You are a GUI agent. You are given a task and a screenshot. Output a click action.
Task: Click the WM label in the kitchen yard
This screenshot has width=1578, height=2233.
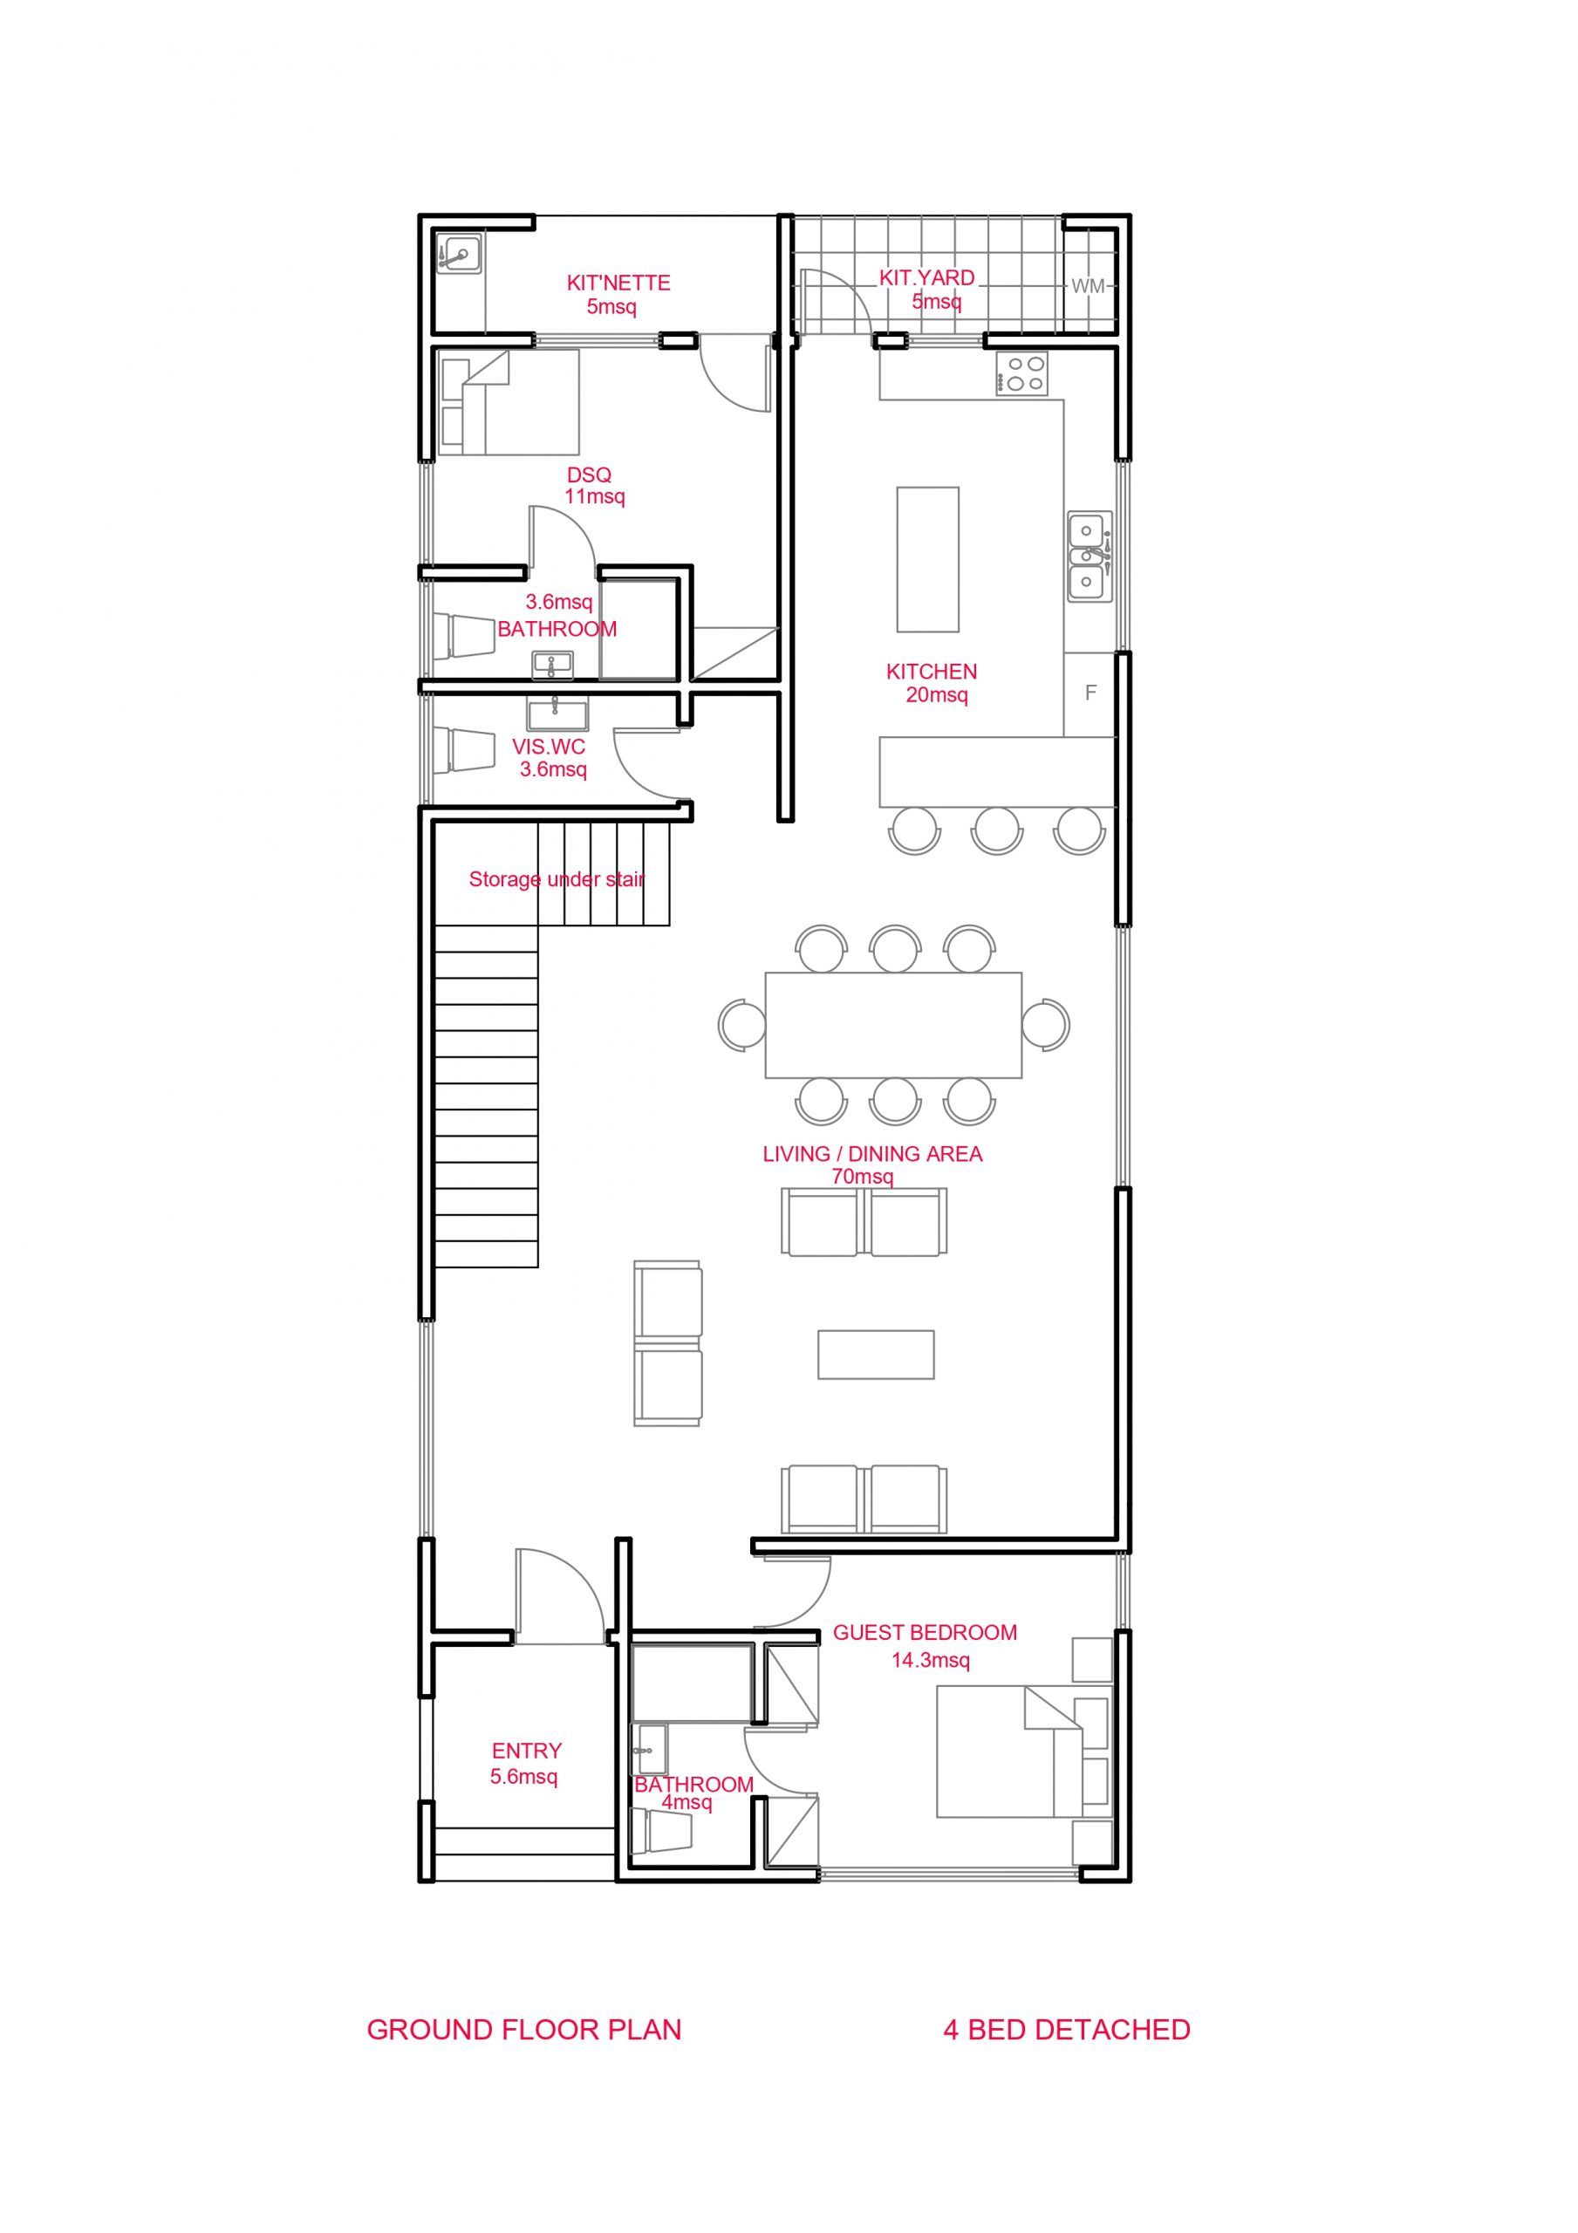tap(1088, 286)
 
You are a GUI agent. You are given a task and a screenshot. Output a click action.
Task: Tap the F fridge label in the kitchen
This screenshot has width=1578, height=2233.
tap(1090, 693)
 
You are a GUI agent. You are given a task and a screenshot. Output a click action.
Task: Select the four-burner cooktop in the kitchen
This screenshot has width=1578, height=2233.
tap(1021, 372)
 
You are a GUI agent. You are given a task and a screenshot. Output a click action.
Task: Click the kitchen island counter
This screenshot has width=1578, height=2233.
tap(927, 559)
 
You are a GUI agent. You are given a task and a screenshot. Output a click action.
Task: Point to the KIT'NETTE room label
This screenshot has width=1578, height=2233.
tap(618, 283)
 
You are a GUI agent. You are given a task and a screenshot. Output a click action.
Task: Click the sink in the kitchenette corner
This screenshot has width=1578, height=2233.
tap(458, 256)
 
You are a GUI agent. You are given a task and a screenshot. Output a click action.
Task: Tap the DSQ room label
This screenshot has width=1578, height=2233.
tap(590, 475)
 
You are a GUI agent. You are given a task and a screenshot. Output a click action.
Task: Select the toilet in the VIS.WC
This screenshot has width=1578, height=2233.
tap(465, 750)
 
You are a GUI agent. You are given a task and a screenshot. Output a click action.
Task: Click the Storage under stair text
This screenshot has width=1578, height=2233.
tap(557, 879)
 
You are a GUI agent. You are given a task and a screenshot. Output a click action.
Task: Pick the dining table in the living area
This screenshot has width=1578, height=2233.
tap(893, 1024)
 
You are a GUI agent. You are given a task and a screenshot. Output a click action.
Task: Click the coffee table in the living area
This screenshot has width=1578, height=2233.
tap(876, 1354)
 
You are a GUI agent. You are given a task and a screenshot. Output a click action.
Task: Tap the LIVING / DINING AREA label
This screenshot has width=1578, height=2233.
tap(872, 1153)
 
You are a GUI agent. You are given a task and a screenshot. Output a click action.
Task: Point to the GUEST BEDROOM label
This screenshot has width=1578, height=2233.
tap(926, 1632)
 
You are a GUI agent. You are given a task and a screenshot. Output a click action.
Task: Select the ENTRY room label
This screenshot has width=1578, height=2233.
tap(526, 1751)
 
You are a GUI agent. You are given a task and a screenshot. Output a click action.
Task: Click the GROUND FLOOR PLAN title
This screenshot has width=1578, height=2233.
tap(523, 2030)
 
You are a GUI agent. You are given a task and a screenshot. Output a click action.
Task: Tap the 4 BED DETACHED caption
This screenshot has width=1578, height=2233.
tap(1066, 2030)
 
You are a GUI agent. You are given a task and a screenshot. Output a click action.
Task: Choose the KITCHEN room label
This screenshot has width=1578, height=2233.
tap(931, 671)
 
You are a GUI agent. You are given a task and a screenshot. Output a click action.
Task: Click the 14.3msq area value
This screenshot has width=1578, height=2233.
tap(931, 1660)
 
